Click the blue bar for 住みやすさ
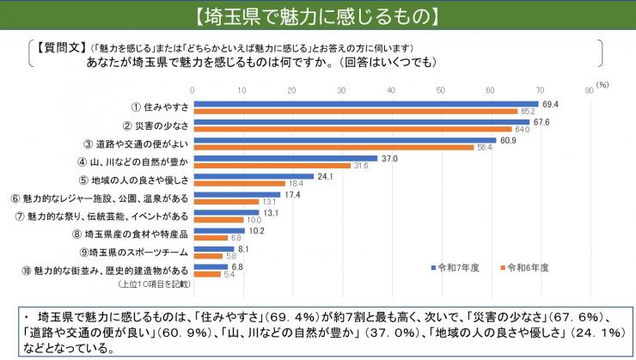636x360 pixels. point(365,104)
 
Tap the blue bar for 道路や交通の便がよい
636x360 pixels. point(344,140)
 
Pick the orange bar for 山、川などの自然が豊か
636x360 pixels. point(272,165)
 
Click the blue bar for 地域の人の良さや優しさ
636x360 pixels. point(254,176)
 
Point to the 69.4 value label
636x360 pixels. point(551,104)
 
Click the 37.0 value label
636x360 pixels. point(389,158)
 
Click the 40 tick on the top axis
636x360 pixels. point(392,88)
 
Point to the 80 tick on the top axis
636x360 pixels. point(590,88)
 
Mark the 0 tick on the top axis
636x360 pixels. point(193,88)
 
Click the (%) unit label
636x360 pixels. point(602,84)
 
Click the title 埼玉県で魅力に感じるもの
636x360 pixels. point(317,15)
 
